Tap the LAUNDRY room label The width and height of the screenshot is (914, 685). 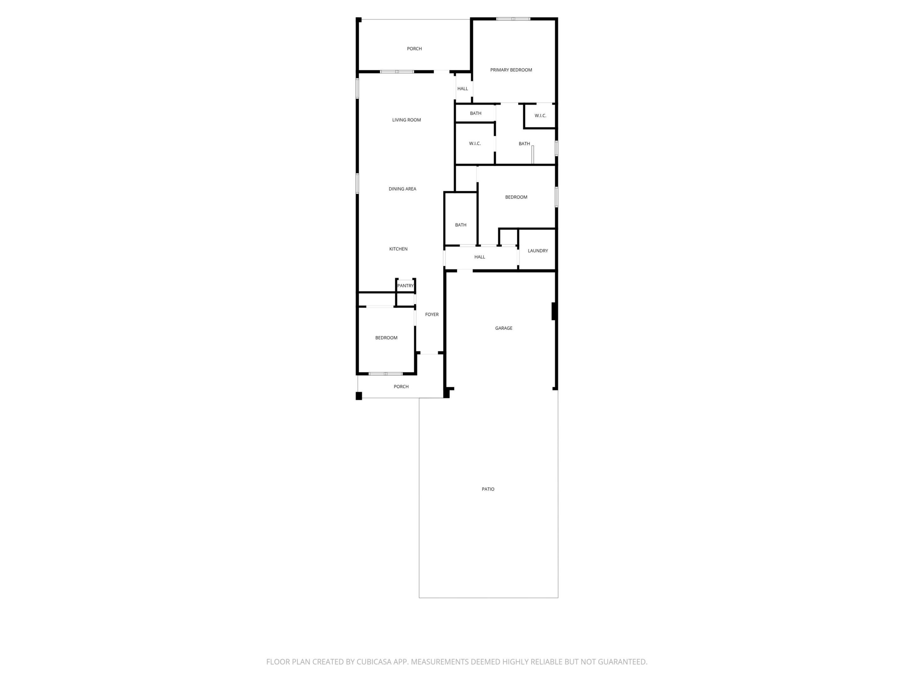[538, 251]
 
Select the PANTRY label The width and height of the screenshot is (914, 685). [405, 286]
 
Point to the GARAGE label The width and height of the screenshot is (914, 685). [503, 328]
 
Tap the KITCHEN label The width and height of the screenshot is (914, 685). [398, 249]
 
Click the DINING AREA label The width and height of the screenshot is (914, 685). [402, 189]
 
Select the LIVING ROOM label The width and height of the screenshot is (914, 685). [406, 120]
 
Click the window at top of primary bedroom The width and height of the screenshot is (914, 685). [513, 19]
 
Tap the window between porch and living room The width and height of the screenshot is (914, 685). [397, 72]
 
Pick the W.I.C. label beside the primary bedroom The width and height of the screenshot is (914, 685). [540, 116]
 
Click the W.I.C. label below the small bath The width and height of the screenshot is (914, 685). [474, 144]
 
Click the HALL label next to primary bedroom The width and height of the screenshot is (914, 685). [462, 89]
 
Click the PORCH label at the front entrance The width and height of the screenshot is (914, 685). [401, 387]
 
